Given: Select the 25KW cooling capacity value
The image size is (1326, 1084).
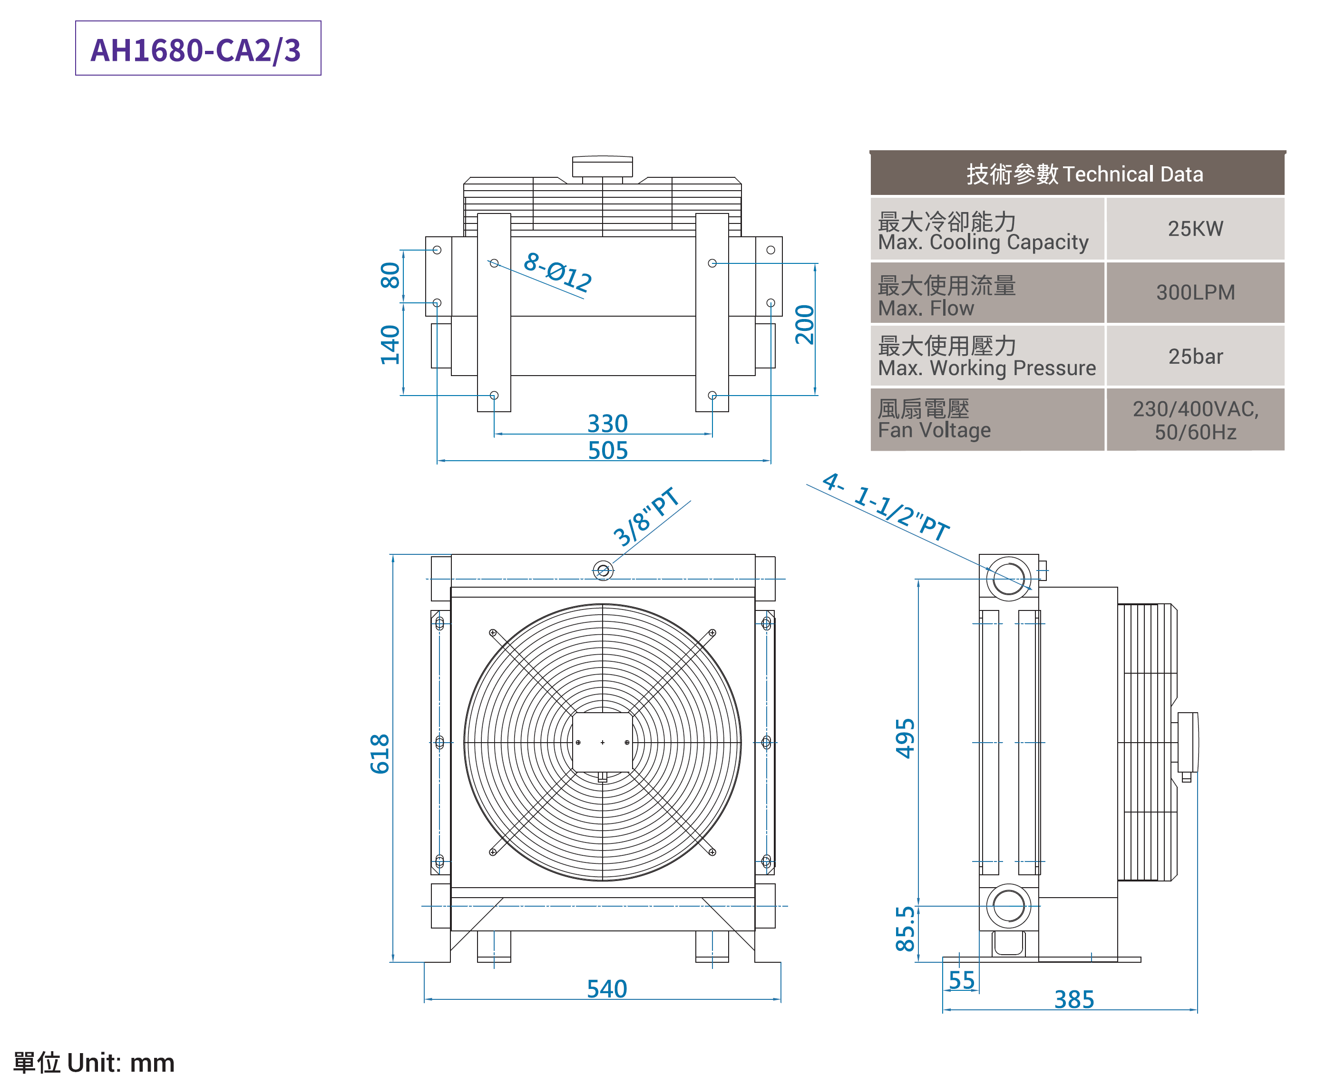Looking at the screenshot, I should point(1194,229).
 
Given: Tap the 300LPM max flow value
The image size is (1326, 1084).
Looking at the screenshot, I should point(1194,292).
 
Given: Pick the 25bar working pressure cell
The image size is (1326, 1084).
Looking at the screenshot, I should point(1194,356).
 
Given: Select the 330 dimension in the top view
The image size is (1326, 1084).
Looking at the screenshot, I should point(606,423).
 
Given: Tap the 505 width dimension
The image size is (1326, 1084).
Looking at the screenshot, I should point(606,450).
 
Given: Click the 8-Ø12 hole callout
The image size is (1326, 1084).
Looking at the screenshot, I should point(557,272).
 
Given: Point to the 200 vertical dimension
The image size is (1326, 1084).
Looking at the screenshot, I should point(804,324).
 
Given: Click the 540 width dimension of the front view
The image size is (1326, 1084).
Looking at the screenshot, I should point(606,988).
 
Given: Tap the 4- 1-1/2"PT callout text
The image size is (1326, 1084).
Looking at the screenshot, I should point(885,507).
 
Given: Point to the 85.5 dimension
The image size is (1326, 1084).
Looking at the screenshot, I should point(905,929).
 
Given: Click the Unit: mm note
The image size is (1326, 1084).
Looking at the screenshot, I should point(94,1062).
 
